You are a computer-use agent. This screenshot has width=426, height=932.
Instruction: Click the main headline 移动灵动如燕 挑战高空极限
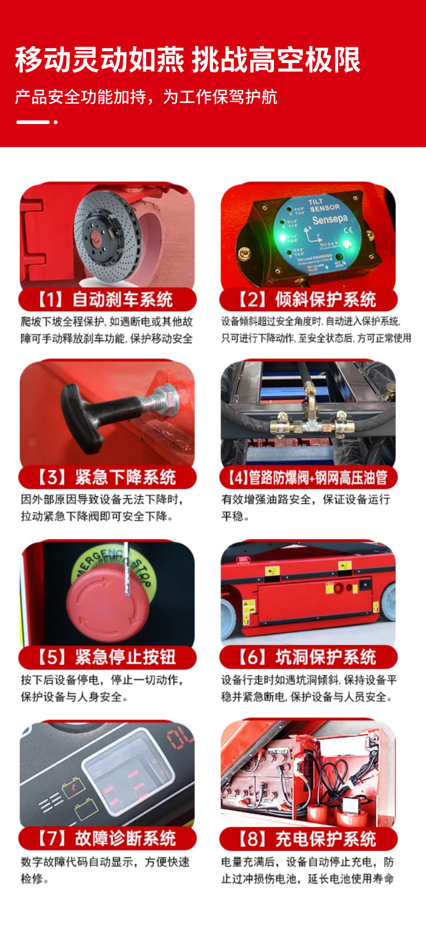tap(188, 59)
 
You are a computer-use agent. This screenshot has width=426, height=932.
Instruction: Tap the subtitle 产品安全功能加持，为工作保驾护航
tap(146, 97)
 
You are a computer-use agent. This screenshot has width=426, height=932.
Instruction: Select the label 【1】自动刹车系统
tap(107, 299)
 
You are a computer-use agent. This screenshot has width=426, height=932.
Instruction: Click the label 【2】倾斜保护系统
tap(308, 299)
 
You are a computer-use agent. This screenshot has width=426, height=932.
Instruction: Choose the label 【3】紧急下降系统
tap(107, 477)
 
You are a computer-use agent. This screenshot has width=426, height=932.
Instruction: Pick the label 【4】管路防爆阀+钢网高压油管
tap(308, 477)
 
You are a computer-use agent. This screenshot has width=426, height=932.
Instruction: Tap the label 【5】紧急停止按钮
tap(107, 657)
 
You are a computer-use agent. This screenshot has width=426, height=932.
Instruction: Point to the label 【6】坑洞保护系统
tap(308, 657)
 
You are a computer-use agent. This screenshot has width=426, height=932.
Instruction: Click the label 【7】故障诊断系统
tap(107, 838)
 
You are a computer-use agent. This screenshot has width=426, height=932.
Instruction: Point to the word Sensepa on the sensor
tap(329, 220)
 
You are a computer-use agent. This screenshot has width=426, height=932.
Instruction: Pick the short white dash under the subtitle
tap(32, 122)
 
